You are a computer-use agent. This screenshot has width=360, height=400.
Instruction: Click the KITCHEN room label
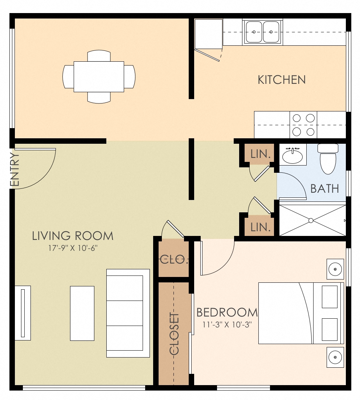(282, 80)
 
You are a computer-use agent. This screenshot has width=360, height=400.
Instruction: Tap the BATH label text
(325, 189)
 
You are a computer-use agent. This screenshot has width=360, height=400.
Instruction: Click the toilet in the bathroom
(328, 160)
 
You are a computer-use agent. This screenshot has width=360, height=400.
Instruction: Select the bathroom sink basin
(292, 156)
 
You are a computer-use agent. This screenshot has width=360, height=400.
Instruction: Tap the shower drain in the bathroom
(311, 220)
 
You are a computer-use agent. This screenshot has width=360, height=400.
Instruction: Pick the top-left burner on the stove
(297, 118)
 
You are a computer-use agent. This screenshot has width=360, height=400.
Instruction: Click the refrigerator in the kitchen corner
(208, 33)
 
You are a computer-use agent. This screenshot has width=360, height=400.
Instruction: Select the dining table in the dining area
(99, 77)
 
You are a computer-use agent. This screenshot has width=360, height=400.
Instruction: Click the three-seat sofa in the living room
(128, 313)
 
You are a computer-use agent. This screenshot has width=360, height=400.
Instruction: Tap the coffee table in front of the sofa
(82, 313)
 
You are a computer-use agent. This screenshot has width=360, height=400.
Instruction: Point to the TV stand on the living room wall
(22, 313)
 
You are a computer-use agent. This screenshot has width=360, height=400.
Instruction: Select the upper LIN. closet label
(261, 154)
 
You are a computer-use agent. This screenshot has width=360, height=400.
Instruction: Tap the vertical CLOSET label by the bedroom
(175, 333)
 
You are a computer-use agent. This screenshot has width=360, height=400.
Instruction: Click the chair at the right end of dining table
(130, 77)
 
